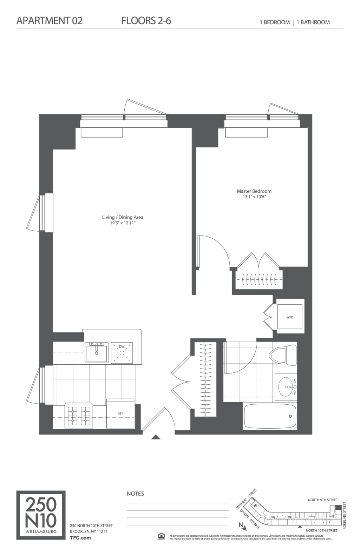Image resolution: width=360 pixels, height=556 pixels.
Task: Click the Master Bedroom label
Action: point(254,191)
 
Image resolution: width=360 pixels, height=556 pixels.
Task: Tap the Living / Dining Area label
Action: point(123,217)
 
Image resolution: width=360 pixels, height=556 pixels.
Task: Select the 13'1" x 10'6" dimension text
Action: point(254,197)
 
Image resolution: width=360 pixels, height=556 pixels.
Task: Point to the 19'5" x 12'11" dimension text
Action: point(123,223)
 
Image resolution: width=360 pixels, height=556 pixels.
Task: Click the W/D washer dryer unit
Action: point(290,317)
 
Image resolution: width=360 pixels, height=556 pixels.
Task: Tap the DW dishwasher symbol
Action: point(122,352)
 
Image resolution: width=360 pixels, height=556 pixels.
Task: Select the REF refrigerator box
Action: point(120,413)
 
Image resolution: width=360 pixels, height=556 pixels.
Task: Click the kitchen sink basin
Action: point(97,353)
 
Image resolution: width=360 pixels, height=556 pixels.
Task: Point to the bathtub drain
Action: point(290,416)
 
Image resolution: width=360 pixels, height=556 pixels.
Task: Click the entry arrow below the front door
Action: point(156,437)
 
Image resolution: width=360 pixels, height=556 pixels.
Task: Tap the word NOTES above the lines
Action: point(135,494)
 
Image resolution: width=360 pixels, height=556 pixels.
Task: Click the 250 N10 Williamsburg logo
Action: point(41,515)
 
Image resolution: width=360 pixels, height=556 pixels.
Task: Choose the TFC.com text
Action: point(80,537)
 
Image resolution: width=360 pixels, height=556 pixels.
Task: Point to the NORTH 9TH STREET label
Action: point(322,500)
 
